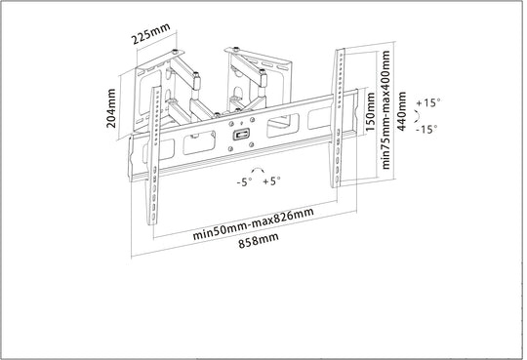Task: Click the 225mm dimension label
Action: (151, 33)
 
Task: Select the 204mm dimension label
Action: (111, 108)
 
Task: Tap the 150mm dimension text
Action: (370, 111)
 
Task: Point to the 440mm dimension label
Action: (401, 111)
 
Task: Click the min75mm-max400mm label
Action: (385, 109)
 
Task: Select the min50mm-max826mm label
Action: (254, 222)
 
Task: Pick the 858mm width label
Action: (259, 240)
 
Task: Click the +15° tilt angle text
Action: (428, 102)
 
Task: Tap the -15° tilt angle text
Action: (426, 129)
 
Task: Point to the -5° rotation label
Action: (244, 182)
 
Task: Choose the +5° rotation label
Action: (271, 181)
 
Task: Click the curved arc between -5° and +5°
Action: (258, 168)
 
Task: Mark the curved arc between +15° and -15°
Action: (418, 116)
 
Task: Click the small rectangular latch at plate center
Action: (241, 134)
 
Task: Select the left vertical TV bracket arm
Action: (154, 156)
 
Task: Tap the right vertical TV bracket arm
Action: (338, 118)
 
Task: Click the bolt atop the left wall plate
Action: (175, 52)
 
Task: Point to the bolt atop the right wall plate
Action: (236, 49)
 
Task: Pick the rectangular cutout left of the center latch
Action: (199, 142)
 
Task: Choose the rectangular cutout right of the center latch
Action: (283, 126)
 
